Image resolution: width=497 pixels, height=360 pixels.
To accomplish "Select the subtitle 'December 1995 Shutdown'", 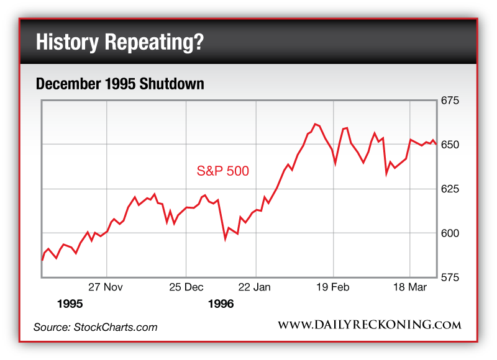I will (120, 84).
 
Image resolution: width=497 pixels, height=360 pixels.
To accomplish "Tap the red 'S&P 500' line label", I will (223, 171).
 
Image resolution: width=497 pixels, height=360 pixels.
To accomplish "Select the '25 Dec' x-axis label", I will (186, 287).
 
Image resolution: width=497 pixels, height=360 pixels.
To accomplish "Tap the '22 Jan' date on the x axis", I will (255, 287).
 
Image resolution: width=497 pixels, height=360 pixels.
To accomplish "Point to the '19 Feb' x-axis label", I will (334, 287).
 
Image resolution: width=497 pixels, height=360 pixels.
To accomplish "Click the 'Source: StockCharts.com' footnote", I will (95, 326).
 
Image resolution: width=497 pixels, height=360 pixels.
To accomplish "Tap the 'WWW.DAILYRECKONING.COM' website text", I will (369, 325).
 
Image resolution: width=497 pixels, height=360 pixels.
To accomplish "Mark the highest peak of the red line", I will (315, 124).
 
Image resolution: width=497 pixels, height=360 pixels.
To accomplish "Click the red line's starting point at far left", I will (42, 260).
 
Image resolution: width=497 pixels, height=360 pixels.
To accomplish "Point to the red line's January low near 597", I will (226, 238).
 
